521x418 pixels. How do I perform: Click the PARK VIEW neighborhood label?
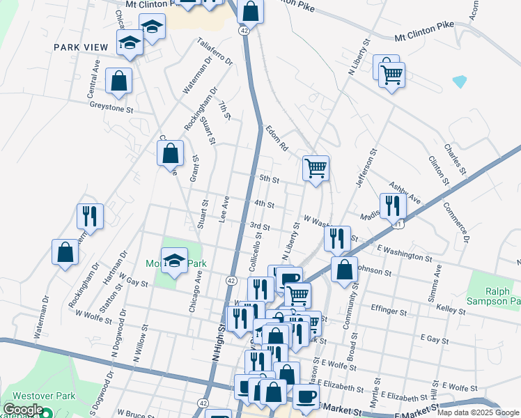click(81, 47)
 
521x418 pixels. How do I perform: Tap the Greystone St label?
click(111, 109)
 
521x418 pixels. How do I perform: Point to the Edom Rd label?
click(277, 138)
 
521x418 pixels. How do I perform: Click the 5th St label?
click(269, 179)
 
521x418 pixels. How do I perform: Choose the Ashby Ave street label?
click(405, 193)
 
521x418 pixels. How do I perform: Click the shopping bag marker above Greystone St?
click(119, 81)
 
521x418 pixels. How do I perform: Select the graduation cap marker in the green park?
click(175, 260)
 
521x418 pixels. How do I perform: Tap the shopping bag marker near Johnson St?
click(344, 269)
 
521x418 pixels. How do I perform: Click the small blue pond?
click(460, 82)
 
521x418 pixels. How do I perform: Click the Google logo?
click(23, 410)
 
